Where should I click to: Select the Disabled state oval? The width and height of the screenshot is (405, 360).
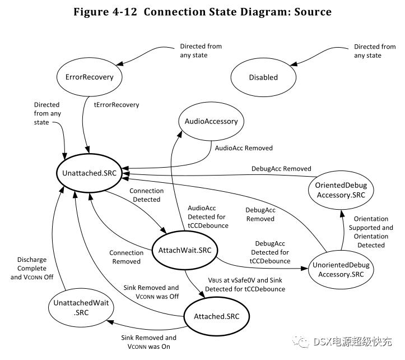coord(263,77)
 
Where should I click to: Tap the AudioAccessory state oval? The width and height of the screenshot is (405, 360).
coord(211,121)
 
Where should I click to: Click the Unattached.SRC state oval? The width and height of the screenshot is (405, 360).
coord(90,173)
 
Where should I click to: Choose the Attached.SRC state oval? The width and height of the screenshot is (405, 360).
coord(216,316)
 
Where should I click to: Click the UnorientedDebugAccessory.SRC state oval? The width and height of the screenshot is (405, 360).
coord(341,269)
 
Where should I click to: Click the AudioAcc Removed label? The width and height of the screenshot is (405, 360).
coord(244,148)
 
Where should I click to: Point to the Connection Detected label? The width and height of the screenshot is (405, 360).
coord(146,195)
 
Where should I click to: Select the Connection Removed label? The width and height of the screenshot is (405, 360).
coord(125,257)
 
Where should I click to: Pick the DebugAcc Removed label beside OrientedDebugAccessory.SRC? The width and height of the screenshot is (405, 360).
coord(281,169)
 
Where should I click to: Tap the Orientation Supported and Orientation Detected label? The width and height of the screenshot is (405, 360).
coord(371,232)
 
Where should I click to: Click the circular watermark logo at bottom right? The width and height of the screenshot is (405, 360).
coord(302,341)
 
